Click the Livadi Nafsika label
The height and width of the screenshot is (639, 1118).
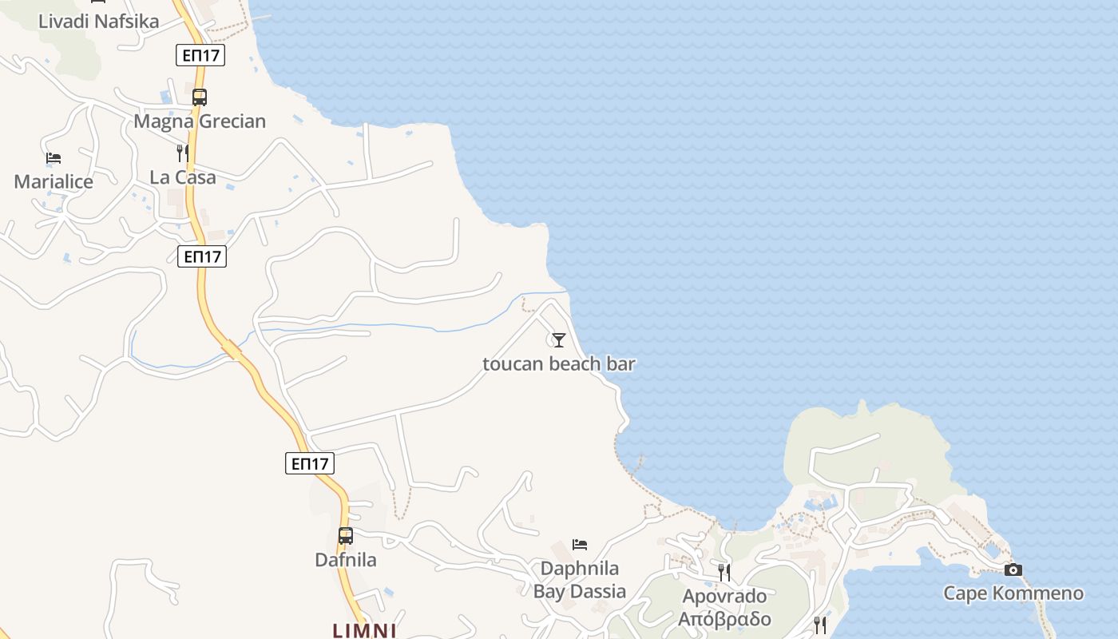coord(99,22)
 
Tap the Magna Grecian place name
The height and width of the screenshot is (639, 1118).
coord(200,121)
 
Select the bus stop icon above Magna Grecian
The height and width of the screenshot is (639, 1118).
coord(200,97)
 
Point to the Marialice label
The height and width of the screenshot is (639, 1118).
coord(54,181)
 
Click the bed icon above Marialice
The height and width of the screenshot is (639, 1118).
coord(54,158)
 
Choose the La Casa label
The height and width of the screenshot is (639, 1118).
coord(183,177)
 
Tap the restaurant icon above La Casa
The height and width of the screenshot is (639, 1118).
coord(183,153)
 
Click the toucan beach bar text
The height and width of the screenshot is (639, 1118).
coord(559,364)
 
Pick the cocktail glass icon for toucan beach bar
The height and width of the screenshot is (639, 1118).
coord(559,340)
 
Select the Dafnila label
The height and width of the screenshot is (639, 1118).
coord(346,560)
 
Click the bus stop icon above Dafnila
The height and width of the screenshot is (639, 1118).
coord(346,536)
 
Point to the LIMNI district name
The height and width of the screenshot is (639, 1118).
coord(364,630)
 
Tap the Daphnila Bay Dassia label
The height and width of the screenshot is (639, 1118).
coord(580,580)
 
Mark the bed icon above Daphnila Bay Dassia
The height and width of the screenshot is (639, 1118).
coord(580,545)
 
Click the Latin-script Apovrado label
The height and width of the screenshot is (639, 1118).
coord(724,597)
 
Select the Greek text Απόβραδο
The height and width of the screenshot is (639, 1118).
coord(724,619)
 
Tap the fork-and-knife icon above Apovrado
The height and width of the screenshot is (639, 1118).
coord(724,572)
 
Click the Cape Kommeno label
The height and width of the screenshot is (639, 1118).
coord(1013,593)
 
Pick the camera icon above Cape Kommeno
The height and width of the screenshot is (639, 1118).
coord(1013,570)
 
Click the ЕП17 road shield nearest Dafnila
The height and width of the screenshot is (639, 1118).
coord(310,463)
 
